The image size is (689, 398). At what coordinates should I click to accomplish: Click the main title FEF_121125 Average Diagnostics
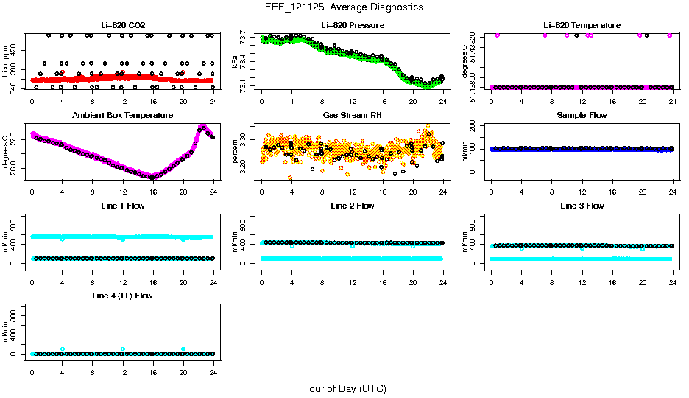point(344,7)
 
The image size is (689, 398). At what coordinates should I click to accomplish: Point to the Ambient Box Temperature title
point(122,116)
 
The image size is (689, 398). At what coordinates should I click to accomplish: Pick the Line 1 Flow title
point(122,206)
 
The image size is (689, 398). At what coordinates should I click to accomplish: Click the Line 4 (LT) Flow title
point(122,296)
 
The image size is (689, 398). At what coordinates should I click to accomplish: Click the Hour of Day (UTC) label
point(344,388)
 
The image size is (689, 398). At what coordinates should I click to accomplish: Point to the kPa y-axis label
point(235,60)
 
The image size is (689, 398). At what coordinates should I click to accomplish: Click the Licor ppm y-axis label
point(5,60)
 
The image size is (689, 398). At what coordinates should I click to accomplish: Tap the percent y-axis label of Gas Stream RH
point(235,150)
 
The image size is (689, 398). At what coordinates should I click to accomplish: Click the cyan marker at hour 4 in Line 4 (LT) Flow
point(63,349)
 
